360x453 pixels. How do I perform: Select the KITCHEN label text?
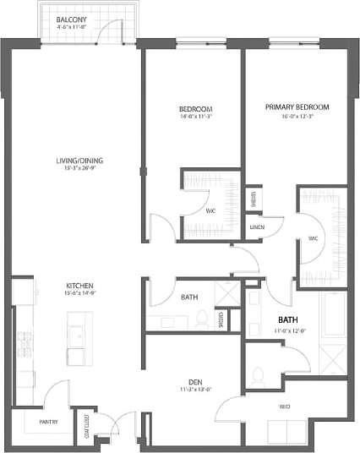click(x=79, y=286)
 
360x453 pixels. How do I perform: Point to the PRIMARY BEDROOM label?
click(x=296, y=106)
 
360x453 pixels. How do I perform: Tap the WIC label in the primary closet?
click(x=313, y=239)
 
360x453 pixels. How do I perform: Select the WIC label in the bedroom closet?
click(x=210, y=211)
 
